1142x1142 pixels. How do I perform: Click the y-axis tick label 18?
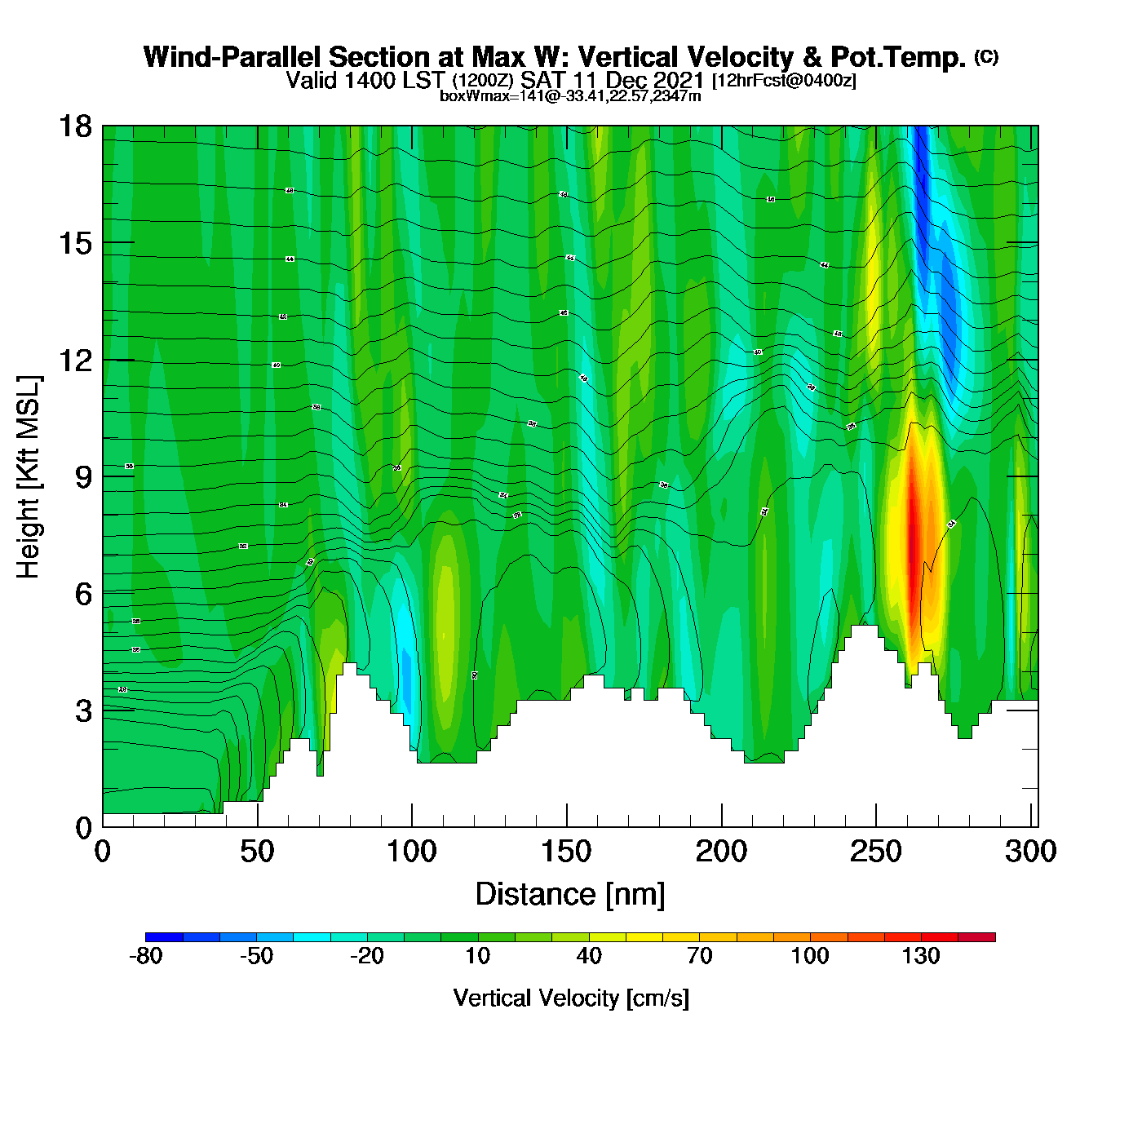74,126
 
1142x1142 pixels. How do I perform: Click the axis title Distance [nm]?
570,895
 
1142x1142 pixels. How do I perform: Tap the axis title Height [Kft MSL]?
29,477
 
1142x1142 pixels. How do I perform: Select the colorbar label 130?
921,956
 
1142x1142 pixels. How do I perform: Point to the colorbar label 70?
699,956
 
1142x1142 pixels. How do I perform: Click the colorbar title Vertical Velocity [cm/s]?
571,998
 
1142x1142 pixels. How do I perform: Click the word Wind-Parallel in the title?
232,58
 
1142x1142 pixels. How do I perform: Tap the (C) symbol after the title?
986,56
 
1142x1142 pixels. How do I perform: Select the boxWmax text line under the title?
570,96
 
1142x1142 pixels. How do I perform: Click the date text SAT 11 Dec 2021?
612,80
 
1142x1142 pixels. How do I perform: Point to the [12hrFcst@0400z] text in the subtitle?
784,81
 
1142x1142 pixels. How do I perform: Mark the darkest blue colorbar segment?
164,937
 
